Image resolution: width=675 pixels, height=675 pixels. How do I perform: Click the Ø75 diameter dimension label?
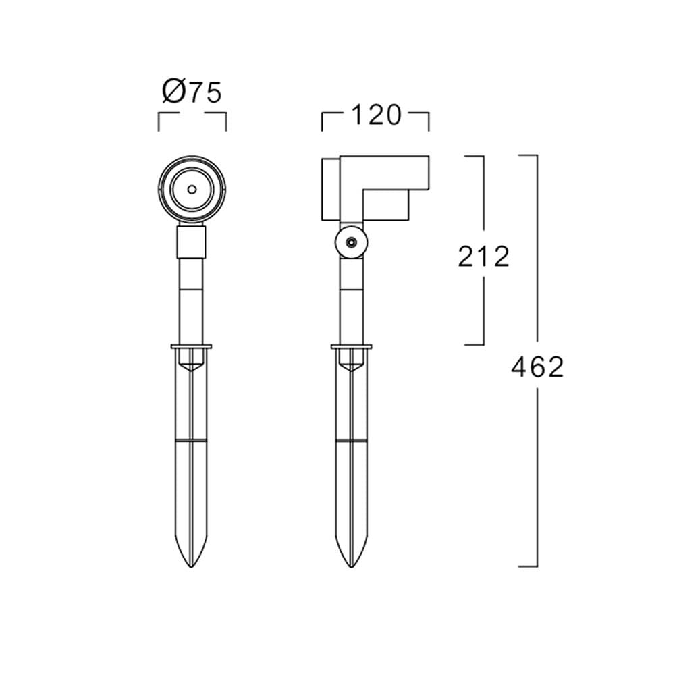[192, 92]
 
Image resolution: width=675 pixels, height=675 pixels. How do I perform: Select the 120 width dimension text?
[376, 115]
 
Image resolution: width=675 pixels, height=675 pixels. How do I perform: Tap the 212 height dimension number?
[483, 256]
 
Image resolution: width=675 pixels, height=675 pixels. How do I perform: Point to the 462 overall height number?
[537, 367]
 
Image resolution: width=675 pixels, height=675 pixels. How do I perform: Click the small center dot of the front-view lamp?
[192, 190]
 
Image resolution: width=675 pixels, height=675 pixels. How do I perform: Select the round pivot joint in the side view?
[352, 242]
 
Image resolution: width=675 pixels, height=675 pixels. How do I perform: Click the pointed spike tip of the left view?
[192, 566]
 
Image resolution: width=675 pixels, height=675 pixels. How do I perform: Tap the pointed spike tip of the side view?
[352, 566]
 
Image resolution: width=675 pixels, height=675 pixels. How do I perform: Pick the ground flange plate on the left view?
[192, 346]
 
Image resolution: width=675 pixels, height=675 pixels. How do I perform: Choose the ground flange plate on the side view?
[352, 346]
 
